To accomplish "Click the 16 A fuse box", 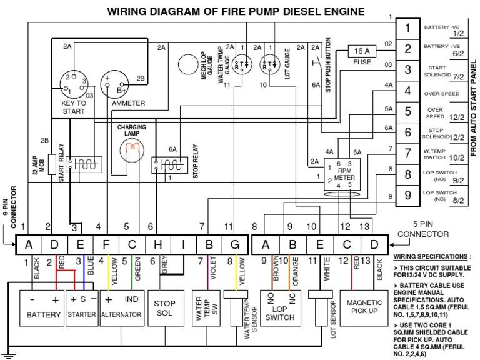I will [x=362, y=51].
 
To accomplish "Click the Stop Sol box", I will [x=164, y=307].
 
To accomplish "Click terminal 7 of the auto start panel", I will [x=407, y=154].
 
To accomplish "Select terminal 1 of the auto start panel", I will [x=407, y=28].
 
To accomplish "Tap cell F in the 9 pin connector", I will [x=105, y=244].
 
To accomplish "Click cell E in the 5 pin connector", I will [x=319, y=244].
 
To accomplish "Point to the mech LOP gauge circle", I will [x=187, y=64].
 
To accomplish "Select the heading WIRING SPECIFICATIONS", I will [x=432, y=256].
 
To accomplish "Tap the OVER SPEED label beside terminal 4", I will [x=442, y=94].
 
